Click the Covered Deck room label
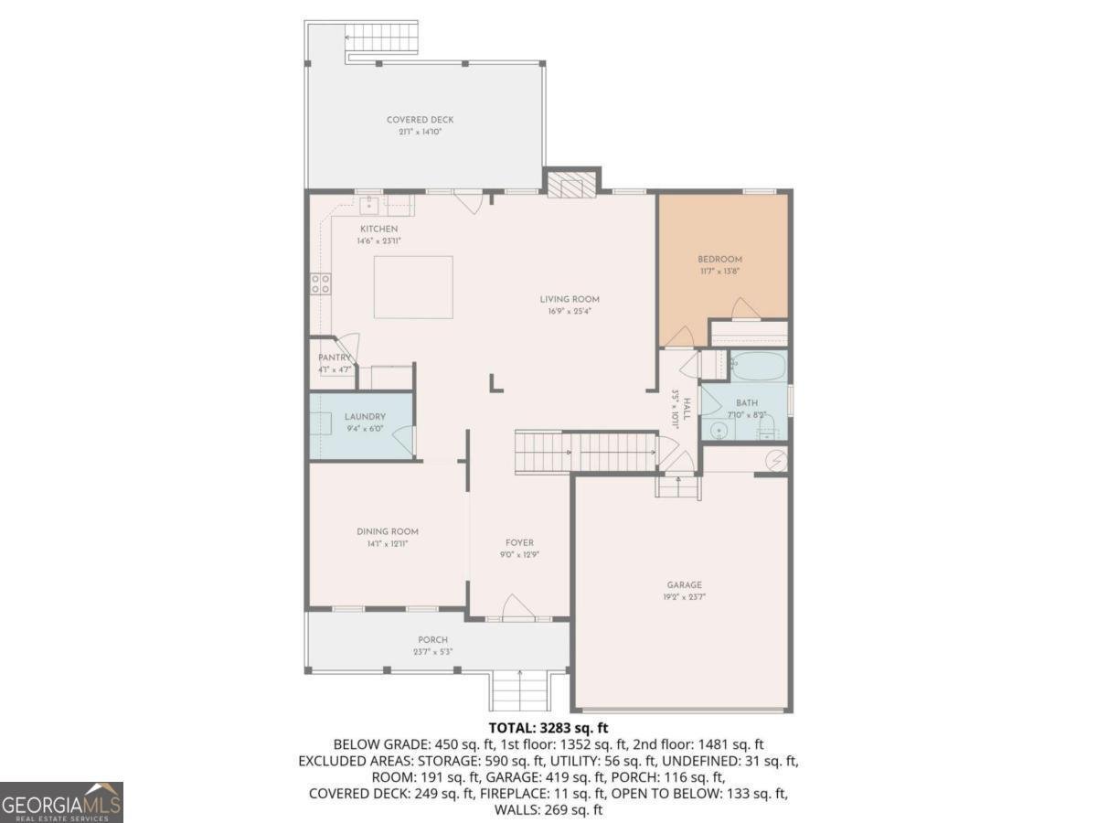point(420,120)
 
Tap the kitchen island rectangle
point(413,286)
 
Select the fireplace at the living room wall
point(571,186)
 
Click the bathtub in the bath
point(758,368)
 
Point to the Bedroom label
point(719,259)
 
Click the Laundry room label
point(365,417)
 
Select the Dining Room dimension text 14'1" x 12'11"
point(388,543)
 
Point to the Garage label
point(684,584)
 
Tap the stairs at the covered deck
point(381,39)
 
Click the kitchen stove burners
point(321,283)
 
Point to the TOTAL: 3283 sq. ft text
point(548,728)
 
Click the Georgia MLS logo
point(61,802)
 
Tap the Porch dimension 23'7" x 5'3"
point(432,652)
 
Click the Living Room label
point(569,299)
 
